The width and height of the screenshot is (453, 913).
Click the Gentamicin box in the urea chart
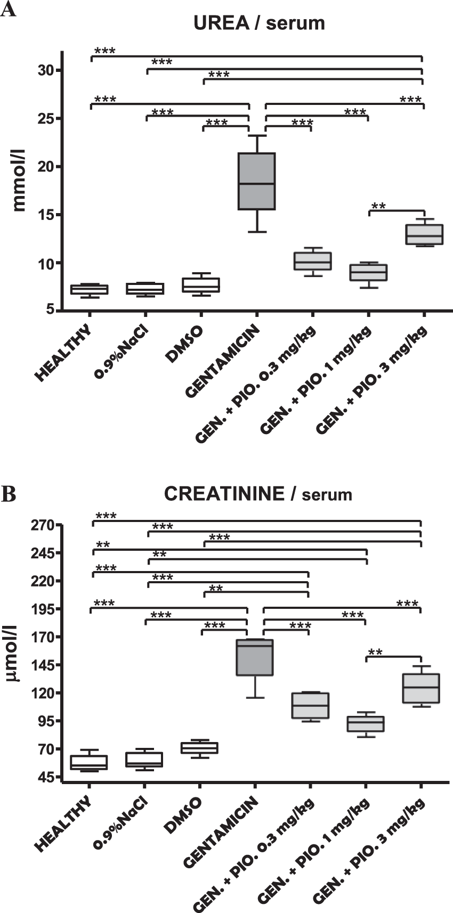[256, 181]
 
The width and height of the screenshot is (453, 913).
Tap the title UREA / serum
[259, 23]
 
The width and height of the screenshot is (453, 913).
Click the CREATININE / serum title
[258, 494]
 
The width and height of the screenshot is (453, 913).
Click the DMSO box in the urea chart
[201, 285]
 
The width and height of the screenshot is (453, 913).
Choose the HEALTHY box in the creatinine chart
[90, 762]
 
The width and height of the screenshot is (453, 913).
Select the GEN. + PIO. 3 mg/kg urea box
[424, 234]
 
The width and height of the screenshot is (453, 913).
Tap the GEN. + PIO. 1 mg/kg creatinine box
[365, 723]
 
